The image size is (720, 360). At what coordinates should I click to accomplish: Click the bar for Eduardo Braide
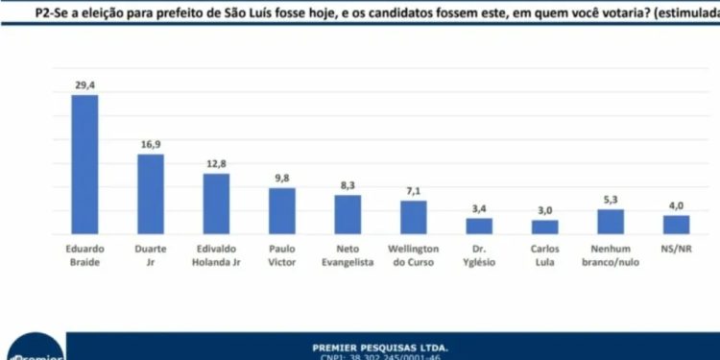pos(85,164)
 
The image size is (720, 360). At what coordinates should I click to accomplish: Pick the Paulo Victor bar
pos(281,210)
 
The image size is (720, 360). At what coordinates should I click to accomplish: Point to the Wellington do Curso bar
pos(413,217)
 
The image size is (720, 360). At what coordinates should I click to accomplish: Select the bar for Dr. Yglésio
pos(479,226)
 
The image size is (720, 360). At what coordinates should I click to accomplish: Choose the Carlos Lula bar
pos(544,227)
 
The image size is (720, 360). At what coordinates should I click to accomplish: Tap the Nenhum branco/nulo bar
pos(611,221)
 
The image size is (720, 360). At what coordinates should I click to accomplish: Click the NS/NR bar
pos(676,224)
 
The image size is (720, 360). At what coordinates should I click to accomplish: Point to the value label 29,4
pos(85,85)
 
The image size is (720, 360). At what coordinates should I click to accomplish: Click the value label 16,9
pos(151,144)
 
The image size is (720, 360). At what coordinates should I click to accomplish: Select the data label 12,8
pos(216,163)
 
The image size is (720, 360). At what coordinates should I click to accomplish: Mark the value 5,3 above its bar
pos(611,199)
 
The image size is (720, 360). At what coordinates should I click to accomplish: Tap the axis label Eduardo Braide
pos(85,254)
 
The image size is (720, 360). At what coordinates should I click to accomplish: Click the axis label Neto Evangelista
pos(348,254)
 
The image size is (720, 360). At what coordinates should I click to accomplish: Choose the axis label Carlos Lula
pos(544,254)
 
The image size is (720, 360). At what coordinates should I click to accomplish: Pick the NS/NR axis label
pos(676,249)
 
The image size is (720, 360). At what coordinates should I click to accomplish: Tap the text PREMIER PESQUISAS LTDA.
pos(380,347)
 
